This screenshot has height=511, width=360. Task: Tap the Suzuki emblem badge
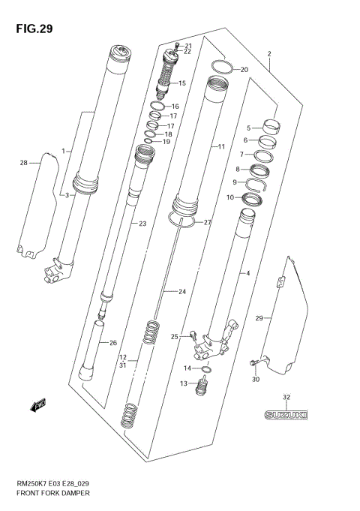[286, 413]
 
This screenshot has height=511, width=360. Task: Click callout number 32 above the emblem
[286, 397]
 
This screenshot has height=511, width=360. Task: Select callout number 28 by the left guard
[24, 163]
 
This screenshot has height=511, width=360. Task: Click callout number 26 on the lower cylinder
[113, 344]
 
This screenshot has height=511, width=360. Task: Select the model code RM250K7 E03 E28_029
[54, 485]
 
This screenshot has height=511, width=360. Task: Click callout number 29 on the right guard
[259, 319]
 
